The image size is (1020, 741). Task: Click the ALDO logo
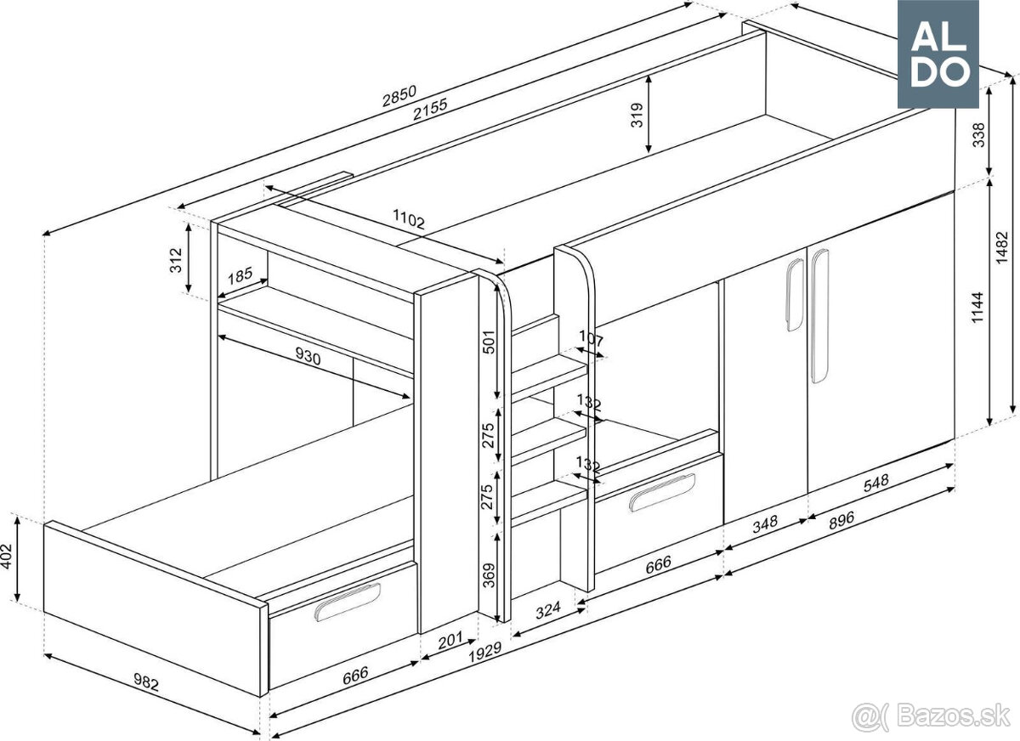point(938,54)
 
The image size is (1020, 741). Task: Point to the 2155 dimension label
point(430,110)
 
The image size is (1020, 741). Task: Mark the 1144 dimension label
point(977,308)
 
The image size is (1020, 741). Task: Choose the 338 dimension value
point(979,135)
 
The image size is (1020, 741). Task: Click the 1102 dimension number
point(409,218)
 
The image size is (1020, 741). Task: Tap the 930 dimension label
point(308,356)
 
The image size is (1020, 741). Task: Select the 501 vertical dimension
point(488,342)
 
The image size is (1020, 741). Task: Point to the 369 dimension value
point(488,575)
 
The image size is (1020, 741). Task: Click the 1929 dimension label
point(485,653)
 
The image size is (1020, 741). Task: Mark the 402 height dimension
point(7,557)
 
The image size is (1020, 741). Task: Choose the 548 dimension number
point(875,483)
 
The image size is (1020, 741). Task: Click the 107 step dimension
point(591,339)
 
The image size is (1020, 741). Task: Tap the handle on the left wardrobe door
point(795,295)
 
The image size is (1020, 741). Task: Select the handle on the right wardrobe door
point(819,316)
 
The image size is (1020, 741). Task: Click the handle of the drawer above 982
point(348,602)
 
